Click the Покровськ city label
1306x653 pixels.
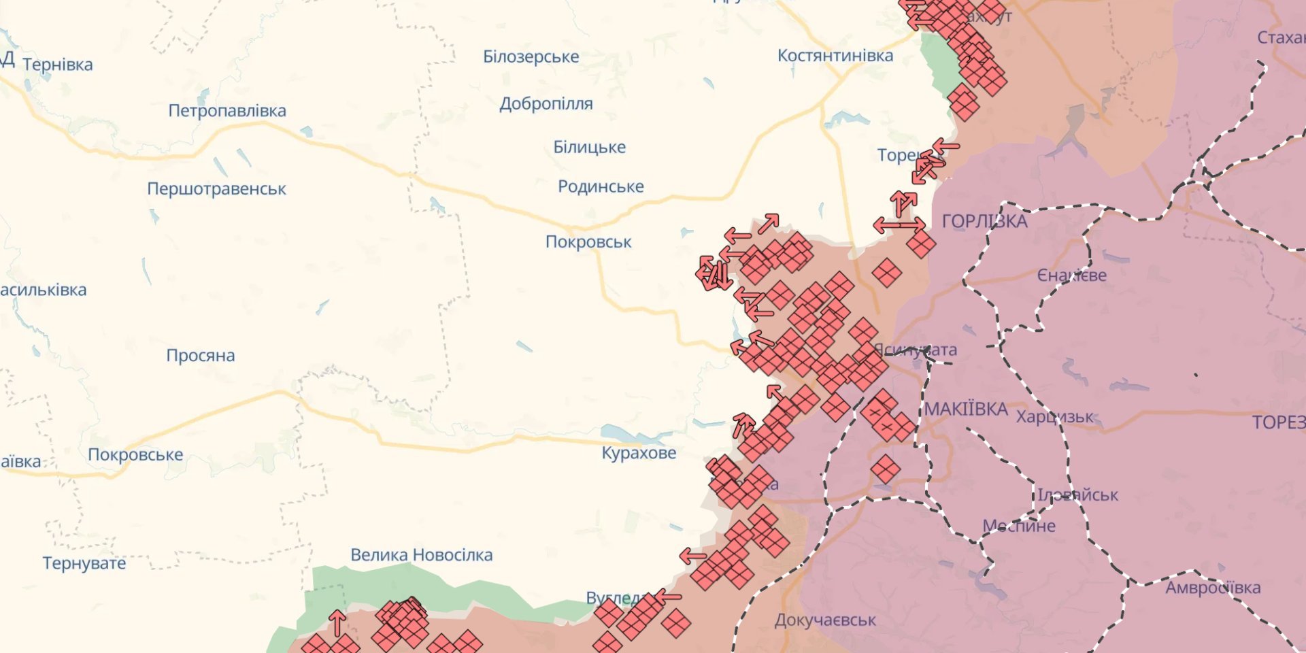coord(588,242)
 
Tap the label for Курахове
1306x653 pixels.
coord(639,453)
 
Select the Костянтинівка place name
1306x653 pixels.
coord(835,56)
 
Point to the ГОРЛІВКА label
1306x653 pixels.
coord(984,221)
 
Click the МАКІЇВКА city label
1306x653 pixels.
coord(966,409)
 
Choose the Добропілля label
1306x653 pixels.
coord(546,104)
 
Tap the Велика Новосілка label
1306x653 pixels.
coord(422,555)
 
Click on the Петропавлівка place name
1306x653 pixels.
coord(227,111)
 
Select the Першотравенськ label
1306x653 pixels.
coord(216,189)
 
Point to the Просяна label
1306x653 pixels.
coord(201,356)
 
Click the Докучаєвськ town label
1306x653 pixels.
coord(825,620)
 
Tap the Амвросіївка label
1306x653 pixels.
coord(1213,588)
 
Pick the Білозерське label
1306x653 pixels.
coord(531,57)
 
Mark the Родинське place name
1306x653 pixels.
coord(601,186)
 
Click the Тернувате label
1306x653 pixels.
coord(84,563)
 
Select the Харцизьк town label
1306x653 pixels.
coord(1054,417)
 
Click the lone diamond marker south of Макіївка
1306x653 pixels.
coord(885,469)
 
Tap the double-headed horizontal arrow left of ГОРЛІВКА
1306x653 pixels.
coord(899,224)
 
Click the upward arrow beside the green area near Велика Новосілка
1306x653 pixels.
coord(337,623)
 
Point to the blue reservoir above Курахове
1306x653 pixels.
coord(629,433)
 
